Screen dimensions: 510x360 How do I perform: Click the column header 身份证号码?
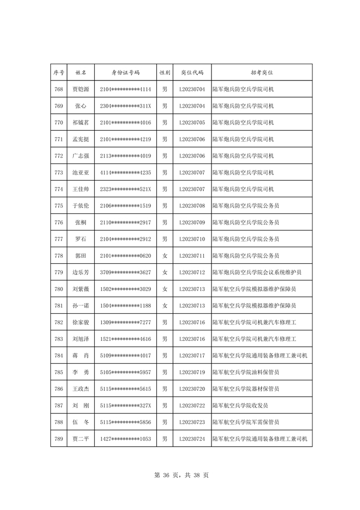point(125,73)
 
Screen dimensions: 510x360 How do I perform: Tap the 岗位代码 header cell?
point(192,73)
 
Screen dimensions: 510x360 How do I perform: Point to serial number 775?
point(58,206)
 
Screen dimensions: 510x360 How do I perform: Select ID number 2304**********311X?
point(125,106)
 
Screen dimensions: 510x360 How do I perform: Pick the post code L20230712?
point(192,272)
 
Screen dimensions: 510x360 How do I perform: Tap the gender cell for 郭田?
point(164,256)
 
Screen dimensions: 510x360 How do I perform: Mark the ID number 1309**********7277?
point(125,322)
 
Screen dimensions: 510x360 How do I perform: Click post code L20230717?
point(192,355)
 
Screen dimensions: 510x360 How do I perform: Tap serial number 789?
point(58,438)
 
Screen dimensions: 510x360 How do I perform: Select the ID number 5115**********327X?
point(125,405)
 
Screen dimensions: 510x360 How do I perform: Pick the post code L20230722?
point(192,405)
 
